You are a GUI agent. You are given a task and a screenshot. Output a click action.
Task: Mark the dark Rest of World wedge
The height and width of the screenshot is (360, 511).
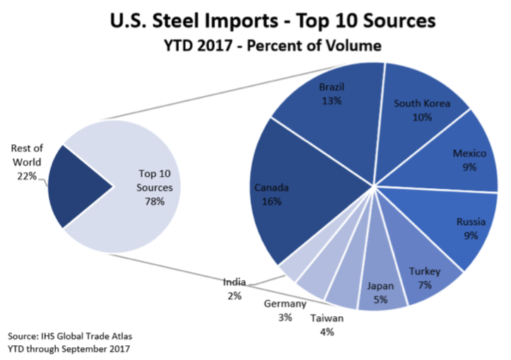click(81, 187)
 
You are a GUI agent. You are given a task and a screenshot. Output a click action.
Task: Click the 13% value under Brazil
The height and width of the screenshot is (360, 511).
click(331, 100)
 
